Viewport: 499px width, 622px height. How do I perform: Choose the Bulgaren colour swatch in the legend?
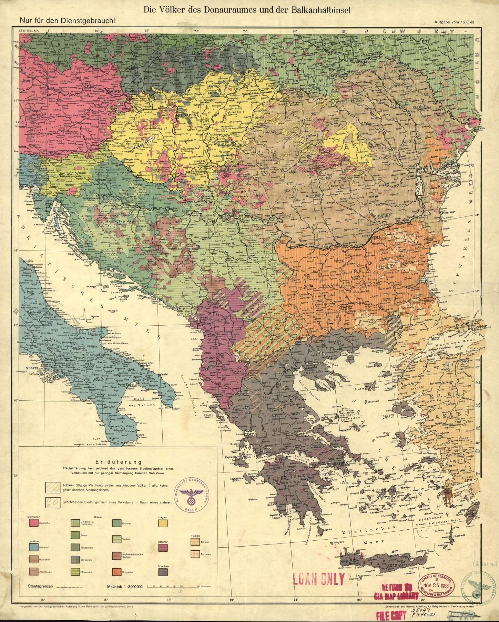coord(117,572)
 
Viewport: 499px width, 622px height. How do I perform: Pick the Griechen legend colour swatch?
coord(163,572)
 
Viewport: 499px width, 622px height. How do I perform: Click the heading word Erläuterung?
coord(118,462)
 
